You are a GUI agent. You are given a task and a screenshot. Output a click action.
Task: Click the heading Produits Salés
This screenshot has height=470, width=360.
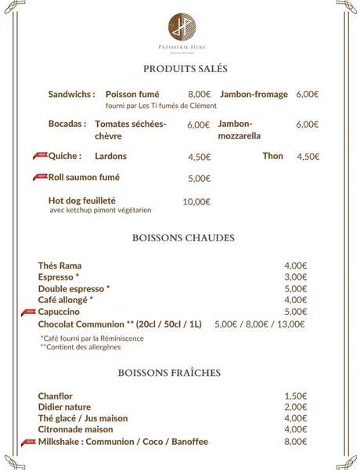180,70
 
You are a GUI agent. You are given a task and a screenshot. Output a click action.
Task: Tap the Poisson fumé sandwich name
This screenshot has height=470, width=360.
131,94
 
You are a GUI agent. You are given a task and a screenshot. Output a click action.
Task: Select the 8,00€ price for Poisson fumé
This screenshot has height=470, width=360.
200,94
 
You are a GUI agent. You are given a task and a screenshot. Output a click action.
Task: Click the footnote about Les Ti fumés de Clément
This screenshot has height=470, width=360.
160,106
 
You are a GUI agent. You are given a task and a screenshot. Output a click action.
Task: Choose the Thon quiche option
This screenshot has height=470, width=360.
272,156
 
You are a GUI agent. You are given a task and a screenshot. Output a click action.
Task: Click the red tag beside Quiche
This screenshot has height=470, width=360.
41,154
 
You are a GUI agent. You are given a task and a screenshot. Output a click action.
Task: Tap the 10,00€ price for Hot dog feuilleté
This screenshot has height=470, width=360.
196,201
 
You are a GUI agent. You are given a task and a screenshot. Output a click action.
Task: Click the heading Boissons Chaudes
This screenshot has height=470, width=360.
180,238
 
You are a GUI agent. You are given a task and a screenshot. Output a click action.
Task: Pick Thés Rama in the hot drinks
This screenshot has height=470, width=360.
60,266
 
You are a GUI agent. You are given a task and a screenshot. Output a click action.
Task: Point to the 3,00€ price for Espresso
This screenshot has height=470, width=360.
295,277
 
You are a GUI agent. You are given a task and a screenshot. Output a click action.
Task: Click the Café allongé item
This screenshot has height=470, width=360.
66,300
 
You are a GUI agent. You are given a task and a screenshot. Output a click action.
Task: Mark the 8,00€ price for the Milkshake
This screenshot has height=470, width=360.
295,442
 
